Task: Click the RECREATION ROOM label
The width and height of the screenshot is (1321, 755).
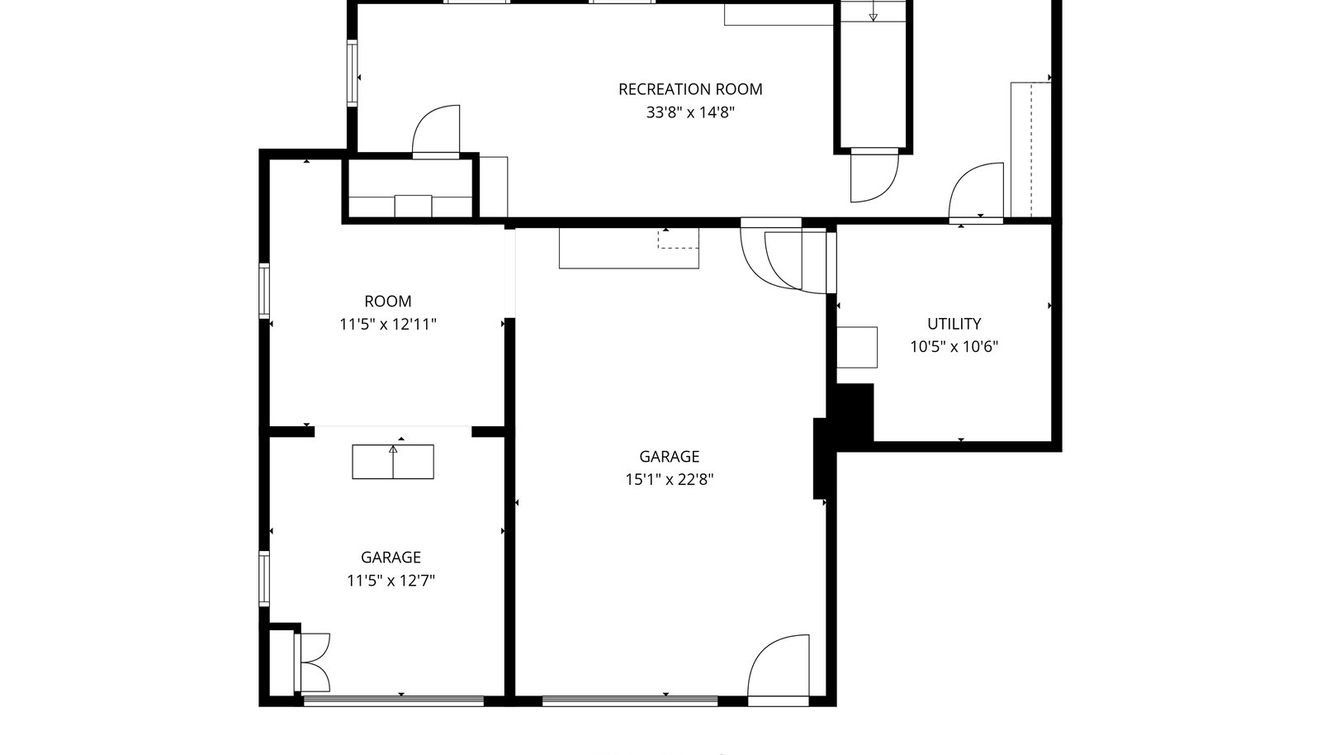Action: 690,89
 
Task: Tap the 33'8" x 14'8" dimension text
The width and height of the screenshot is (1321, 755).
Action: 690,112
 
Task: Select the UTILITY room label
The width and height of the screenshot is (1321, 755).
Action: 954,324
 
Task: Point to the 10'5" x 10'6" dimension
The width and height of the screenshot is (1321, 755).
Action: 954,347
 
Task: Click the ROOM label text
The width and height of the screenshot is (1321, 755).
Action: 387,302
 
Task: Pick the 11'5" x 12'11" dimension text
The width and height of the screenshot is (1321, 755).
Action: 387,325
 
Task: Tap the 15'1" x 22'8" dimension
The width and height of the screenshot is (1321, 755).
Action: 669,480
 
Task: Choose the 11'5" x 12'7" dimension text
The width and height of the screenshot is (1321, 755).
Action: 391,581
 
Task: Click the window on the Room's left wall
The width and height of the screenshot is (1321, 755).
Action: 264,292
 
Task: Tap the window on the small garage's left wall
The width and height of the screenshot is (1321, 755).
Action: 264,578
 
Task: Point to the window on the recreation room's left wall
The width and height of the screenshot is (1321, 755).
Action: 352,74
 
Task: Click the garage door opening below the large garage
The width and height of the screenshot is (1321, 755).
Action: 630,700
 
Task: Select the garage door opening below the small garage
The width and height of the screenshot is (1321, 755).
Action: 393,700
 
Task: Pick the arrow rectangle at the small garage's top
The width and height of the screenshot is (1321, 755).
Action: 393,462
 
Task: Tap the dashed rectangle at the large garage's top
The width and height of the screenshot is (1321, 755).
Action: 678,238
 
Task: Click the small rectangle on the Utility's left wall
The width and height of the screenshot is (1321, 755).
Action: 857,348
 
